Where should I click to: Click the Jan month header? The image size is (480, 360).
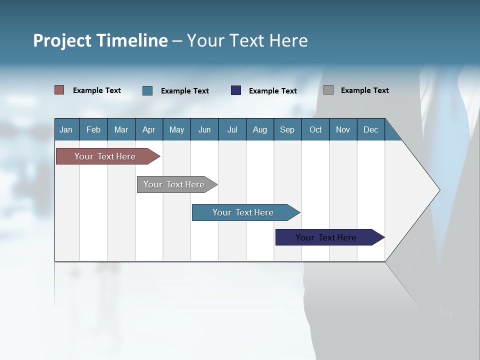click(66, 129)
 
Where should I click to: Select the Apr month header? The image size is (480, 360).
click(149, 129)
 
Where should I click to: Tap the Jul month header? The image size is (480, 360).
click(232, 129)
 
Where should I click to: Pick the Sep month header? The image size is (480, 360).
click(287, 129)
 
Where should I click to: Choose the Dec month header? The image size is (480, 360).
click(370, 129)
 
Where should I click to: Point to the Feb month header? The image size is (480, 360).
click(93, 129)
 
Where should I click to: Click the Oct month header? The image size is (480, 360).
click(315, 129)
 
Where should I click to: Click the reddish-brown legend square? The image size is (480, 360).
click(59, 90)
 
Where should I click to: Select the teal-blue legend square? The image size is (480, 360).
click(147, 90)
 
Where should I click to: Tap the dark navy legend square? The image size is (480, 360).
click(236, 90)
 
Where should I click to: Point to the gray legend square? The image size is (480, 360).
click(328, 90)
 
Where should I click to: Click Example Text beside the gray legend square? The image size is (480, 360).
click(364, 90)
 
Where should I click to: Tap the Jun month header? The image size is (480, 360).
click(204, 129)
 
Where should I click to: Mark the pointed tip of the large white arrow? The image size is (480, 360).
click(439, 190)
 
